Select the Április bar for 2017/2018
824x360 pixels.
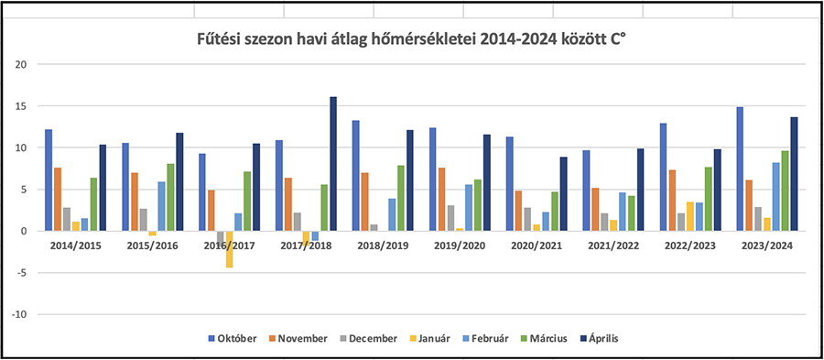(x=333, y=164)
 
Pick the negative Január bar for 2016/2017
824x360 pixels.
(x=230, y=249)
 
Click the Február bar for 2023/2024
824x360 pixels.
(x=775, y=197)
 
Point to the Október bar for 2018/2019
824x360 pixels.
(x=355, y=176)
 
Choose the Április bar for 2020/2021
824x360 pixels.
(x=564, y=194)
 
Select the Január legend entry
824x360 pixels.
(x=428, y=338)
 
